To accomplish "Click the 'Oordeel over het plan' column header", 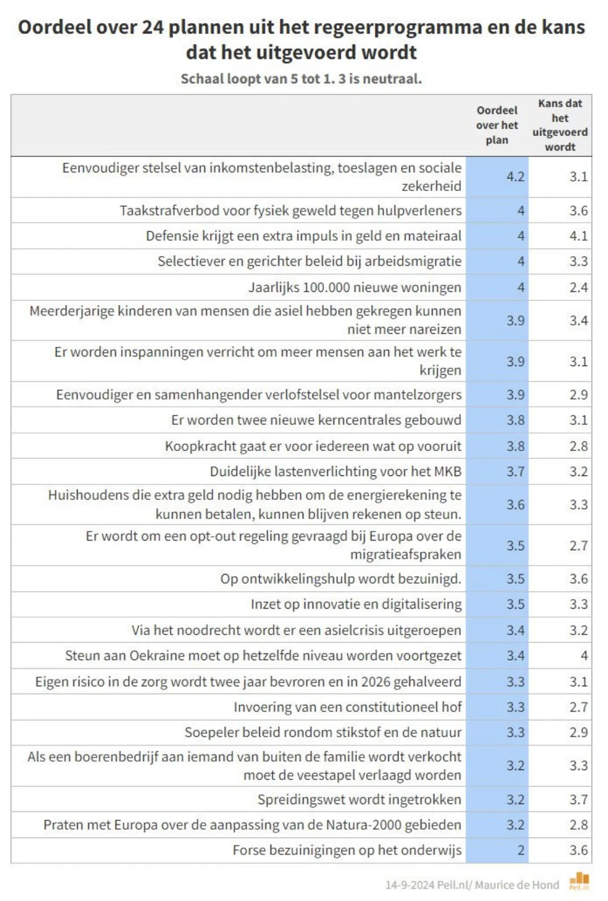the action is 496,125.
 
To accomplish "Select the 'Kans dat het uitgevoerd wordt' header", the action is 560,125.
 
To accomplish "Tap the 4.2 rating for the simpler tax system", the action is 515,177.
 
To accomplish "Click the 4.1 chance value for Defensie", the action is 578,236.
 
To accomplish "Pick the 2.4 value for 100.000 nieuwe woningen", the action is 578,287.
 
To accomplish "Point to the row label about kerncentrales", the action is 316,420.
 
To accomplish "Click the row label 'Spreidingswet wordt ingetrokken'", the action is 359,799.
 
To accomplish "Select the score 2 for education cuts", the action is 521,850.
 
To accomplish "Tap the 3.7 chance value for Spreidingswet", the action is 578,799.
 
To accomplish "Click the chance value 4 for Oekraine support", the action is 584,656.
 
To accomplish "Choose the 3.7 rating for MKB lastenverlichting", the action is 515,471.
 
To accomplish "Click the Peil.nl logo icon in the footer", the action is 579,881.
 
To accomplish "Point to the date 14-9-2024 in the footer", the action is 410,885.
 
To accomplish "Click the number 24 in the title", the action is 153,27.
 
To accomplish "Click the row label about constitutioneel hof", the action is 348,707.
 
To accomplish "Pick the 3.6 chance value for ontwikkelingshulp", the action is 578,579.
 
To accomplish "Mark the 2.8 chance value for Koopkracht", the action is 578,446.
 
